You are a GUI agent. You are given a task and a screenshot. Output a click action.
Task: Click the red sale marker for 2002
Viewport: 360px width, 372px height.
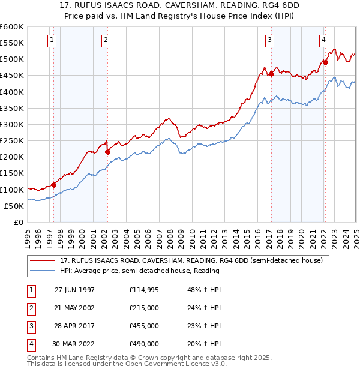coord(108,152)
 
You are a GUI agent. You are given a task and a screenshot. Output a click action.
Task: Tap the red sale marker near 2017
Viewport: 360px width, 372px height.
coord(271,74)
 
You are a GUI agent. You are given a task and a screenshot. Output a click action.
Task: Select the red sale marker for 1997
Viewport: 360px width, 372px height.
coord(54,185)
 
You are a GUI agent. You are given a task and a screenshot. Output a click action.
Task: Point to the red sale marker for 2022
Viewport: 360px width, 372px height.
coord(325,62)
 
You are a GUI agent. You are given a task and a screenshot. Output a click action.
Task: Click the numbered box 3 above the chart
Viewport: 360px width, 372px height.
coord(270,40)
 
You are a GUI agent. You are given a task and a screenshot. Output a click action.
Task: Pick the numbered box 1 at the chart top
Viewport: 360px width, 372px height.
coord(52,40)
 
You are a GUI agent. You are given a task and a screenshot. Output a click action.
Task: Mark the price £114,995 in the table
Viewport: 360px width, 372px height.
coord(144,289)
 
